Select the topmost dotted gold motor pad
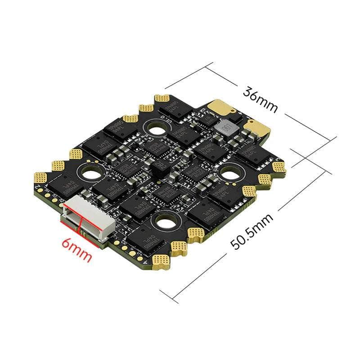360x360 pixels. (x=162, y=99)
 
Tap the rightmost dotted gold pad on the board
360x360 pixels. (x=279, y=167)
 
